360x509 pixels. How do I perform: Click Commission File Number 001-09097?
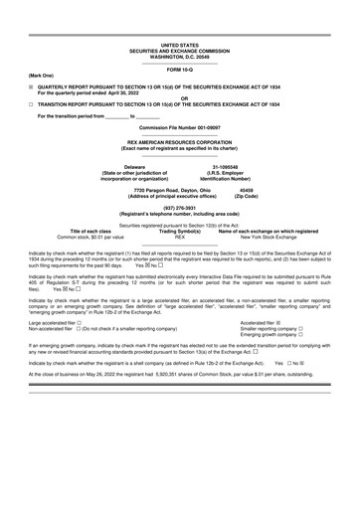point(179,127)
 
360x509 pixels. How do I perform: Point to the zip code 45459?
point(247,189)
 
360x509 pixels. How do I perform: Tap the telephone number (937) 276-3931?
point(179,208)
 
